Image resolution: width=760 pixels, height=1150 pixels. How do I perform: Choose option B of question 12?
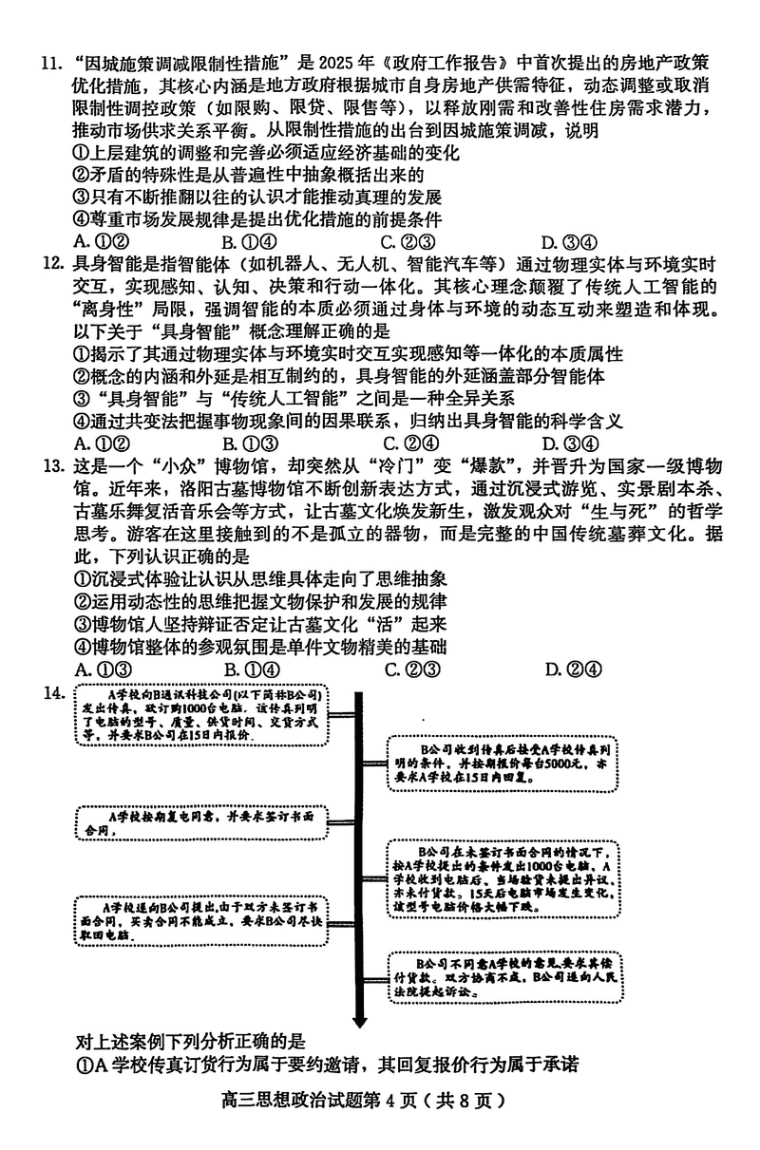pos(250,443)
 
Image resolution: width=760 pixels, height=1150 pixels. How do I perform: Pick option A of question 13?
pos(101,669)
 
